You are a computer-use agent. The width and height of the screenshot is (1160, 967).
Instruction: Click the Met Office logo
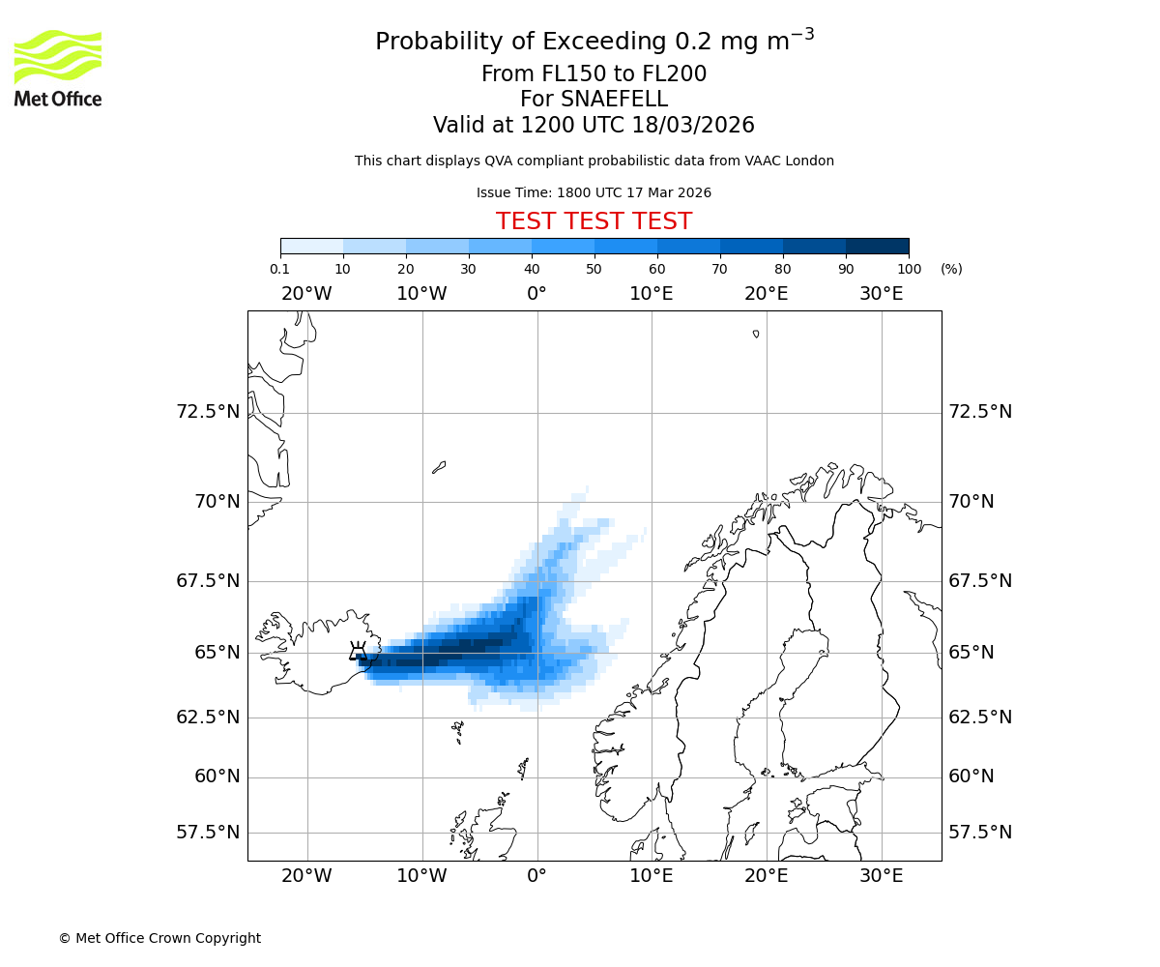coord(58,68)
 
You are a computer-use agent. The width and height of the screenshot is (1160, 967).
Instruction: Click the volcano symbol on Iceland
coord(359,651)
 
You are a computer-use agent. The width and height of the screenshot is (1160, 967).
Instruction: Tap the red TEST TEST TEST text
coord(594,221)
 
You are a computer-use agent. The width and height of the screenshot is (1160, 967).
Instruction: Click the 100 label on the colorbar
coord(909,269)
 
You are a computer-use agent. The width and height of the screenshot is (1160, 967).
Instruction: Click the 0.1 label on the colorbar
coord(280,269)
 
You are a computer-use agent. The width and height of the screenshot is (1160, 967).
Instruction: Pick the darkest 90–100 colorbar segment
coord(877,246)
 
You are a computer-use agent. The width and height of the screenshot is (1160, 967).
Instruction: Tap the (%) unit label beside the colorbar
coord(951,269)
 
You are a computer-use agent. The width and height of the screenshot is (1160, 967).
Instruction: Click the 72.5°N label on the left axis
coord(207,412)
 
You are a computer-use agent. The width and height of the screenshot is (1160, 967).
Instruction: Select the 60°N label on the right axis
coord(971,777)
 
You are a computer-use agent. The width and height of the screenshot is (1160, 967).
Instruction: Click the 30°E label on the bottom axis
coord(881,876)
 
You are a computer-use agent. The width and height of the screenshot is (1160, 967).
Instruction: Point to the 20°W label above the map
coord(306,294)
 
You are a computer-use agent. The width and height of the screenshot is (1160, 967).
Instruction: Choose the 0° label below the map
coord(536,876)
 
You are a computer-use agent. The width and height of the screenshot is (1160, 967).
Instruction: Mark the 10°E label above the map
coord(651,294)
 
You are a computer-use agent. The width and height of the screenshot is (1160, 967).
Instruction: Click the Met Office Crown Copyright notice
coord(159,938)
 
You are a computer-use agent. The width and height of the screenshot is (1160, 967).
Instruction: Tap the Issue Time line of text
coord(594,192)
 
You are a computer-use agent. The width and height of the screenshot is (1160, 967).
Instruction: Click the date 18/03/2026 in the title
coord(693,126)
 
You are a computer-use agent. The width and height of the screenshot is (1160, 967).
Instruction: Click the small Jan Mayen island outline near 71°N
coord(439,467)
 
